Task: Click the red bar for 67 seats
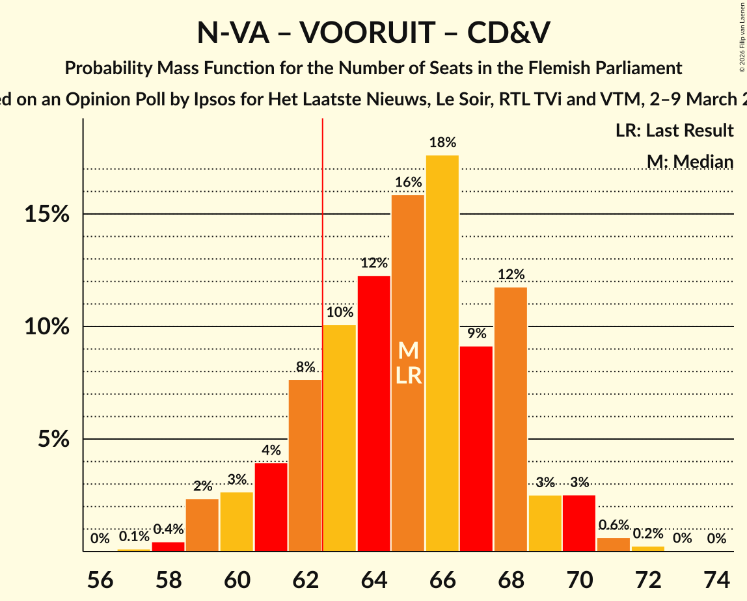(x=476, y=449)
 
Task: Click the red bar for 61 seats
(x=271, y=507)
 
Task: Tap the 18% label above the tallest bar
(x=442, y=142)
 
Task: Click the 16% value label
(x=408, y=183)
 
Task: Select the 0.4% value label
(x=168, y=529)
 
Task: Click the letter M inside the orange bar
(x=408, y=351)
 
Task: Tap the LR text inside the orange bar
(x=408, y=375)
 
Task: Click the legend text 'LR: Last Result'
(x=674, y=131)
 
